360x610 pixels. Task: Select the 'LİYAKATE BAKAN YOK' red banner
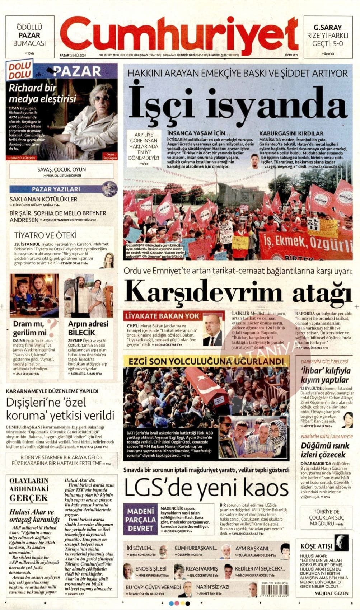162,316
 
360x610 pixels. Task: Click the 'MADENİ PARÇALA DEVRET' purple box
140,519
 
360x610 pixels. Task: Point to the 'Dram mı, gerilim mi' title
30,328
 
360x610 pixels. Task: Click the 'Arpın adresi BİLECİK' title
88,328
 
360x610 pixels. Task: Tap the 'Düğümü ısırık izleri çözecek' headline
325,450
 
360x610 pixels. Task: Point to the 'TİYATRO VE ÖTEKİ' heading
45,235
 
